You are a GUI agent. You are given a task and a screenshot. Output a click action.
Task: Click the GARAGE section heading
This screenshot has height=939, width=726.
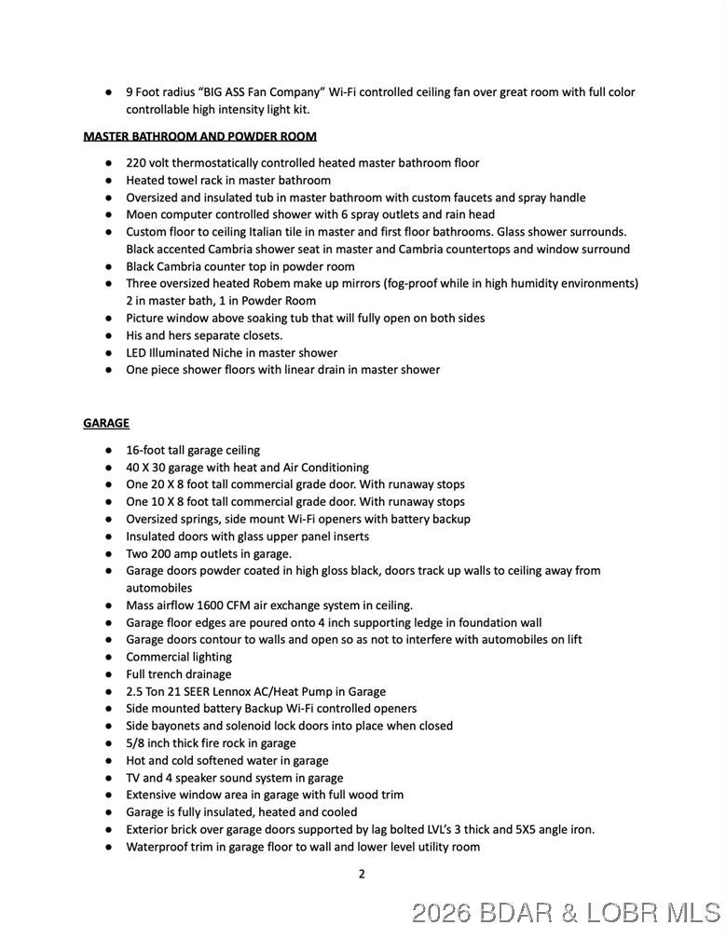106,423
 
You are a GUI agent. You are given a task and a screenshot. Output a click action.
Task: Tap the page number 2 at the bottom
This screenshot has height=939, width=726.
362,874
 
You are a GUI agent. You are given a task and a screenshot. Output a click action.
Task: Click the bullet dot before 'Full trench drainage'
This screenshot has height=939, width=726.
108,674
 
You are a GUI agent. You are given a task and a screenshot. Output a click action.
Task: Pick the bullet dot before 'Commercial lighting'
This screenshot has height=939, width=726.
108,658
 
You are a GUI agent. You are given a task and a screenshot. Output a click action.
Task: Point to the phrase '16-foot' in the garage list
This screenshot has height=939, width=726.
145,450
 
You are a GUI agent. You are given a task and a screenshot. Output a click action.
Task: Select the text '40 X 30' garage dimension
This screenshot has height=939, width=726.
152,468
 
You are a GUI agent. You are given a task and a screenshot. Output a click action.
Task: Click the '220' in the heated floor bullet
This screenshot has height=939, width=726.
137,163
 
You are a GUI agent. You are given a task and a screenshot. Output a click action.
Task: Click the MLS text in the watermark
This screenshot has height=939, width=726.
688,913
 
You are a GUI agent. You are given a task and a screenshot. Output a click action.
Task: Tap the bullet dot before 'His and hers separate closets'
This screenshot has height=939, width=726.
108,335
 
